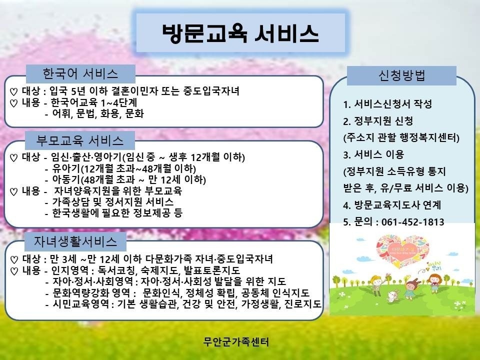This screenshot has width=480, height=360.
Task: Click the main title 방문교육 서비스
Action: tap(240, 33)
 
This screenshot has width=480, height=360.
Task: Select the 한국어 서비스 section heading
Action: tap(80, 74)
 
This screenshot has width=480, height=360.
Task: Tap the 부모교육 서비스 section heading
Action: tap(80, 140)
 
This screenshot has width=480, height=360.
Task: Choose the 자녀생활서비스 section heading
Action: tap(75, 241)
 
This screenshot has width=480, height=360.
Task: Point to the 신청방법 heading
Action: tap(401, 75)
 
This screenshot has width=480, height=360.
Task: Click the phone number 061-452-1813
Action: tap(413, 221)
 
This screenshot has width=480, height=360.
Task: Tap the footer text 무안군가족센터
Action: tap(236, 341)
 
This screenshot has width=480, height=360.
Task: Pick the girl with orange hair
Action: tap(434, 282)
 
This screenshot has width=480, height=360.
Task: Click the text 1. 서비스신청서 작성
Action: tap(387, 104)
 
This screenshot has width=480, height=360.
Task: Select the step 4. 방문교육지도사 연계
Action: tap(392, 205)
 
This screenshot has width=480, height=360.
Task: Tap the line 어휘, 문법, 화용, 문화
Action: tap(98, 113)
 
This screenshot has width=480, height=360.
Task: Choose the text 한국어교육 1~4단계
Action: tap(93, 102)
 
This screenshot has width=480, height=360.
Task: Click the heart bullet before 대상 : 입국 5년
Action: tap(13, 92)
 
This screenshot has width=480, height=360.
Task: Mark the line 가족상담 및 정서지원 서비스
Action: tap(112, 201)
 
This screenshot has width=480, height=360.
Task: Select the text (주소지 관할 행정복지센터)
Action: tap(401, 138)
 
